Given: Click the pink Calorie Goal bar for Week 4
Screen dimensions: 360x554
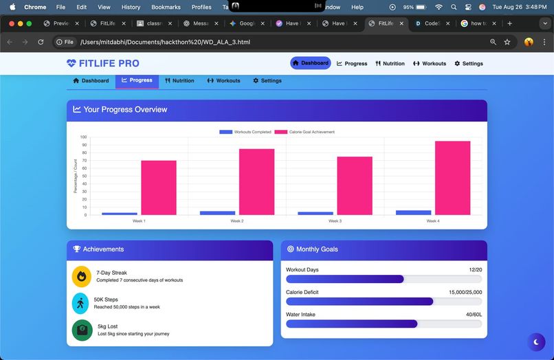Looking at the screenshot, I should pyautogui.click(x=452, y=178).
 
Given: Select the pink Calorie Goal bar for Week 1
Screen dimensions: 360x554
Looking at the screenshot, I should pyautogui.click(x=159, y=188).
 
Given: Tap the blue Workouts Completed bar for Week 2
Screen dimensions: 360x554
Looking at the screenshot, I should pyautogui.click(x=208, y=213).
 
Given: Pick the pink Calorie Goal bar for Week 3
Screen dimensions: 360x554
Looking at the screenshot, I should pyautogui.click(x=355, y=185).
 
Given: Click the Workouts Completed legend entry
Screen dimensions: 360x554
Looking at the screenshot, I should pyautogui.click(x=245, y=132).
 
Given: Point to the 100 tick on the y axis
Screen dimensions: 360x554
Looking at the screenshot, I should pyautogui.click(x=83, y=137).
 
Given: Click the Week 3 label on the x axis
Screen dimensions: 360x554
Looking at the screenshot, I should pyautogui.click(x=335, y=221).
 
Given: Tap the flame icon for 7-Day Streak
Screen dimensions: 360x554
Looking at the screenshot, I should pyautogui.click(x=82, y=276).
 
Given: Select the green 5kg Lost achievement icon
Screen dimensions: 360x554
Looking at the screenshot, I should pyautogui.click(x=82, y=330).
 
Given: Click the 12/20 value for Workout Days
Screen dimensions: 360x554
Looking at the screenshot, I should pyautogui.click(x=475, y=270).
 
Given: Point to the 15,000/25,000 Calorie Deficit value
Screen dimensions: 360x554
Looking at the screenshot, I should pyautogui.click(x=465, y=293).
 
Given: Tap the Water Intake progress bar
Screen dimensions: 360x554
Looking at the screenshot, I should pyautogui.click(x=384, y=324).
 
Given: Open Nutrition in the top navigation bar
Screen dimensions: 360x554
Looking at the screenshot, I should pyautogui.click(x=390, y=63).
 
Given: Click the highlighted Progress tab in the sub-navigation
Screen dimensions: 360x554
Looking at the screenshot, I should pyautogui.click(x=137, y=80).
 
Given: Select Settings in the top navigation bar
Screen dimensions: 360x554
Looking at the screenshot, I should pyautogui.click(x=469, y=63).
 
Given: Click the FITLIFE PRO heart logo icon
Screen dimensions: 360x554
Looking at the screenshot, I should pyautogui.click(x=71, y=63).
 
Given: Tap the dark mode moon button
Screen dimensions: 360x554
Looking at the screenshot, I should pyautogui.click(x=535, y=341).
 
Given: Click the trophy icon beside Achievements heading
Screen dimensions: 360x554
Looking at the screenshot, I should pyautogui.click(x=77, y=249).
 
